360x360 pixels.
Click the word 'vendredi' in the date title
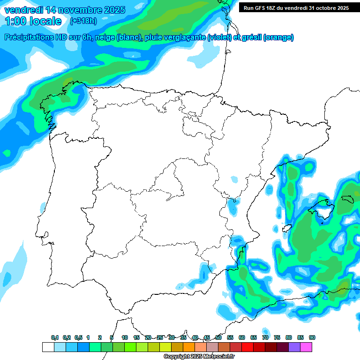(24, 10)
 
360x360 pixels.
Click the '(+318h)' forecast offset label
(84, 21)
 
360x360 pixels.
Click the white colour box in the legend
(48, 347)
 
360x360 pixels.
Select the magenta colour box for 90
(306, 347)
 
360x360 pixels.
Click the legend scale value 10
(125, 337)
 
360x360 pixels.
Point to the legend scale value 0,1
(55, 337)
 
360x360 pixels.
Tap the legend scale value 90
(312, 337)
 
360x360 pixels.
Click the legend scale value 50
(218, 337)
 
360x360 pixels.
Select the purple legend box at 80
(294, 347)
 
